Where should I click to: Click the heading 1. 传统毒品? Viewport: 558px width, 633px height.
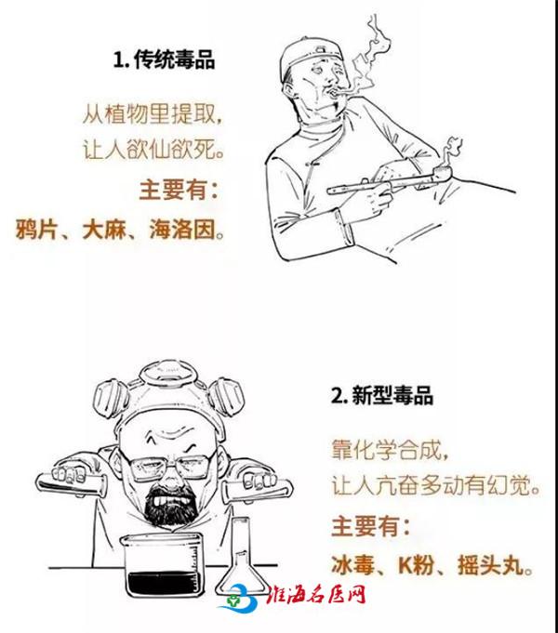point(164,59)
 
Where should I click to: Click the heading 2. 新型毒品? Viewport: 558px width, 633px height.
point(382,395)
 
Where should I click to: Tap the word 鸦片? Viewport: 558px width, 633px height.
point(34,230)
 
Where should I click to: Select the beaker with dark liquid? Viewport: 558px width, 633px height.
point(163,565)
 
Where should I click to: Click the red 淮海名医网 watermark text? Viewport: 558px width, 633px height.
point(316,595)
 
